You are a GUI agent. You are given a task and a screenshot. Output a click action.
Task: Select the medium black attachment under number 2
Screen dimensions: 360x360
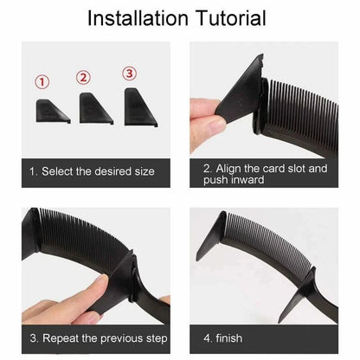point(93,106)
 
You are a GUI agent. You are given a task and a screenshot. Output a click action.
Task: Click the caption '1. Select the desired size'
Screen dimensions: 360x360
point(92,171)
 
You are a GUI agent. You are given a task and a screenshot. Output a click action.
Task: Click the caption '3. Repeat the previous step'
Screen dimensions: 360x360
point(97,337)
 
